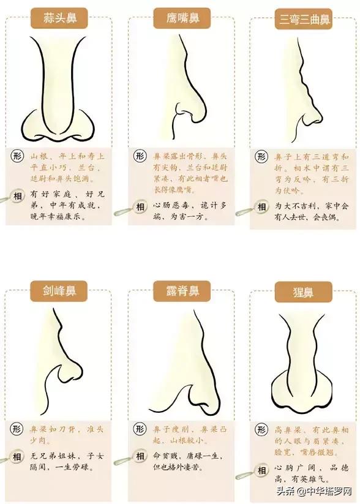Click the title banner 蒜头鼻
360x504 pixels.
[59, 18]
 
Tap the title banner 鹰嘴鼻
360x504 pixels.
[179, 18]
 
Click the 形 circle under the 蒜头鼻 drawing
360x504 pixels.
[18, 157]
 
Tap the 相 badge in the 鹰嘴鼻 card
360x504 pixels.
[140, 206]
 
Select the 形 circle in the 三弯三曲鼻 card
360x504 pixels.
[261, 157]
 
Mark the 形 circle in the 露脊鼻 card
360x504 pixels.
[140, 429]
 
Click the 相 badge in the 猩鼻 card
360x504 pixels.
[261, 470]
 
